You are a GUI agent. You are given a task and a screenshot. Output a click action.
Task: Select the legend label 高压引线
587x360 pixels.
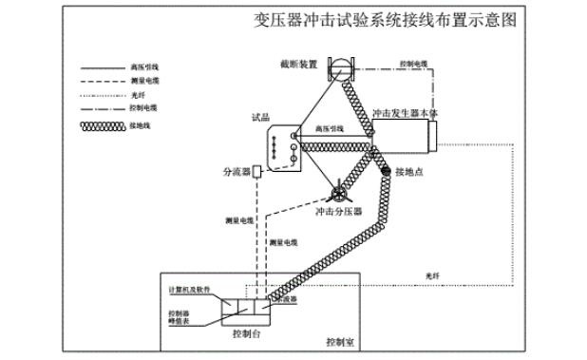click(x=143, y=68)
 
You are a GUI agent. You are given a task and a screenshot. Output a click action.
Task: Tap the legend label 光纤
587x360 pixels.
click(x=138, y=96)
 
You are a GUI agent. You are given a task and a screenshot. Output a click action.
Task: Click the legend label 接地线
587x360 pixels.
click(x=141, y=123)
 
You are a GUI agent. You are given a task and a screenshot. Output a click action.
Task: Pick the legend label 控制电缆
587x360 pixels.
click(x=143, y=109)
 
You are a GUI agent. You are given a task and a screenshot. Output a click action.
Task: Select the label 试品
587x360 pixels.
click(x=259, y=118)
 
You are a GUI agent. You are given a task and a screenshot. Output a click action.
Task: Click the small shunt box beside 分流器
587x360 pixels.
click(x=256, y=172)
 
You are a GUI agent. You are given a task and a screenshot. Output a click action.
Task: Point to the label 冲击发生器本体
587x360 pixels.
click(x=406, y=112)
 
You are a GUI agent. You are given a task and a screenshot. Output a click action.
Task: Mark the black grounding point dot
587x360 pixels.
click(x=387, y=171)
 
